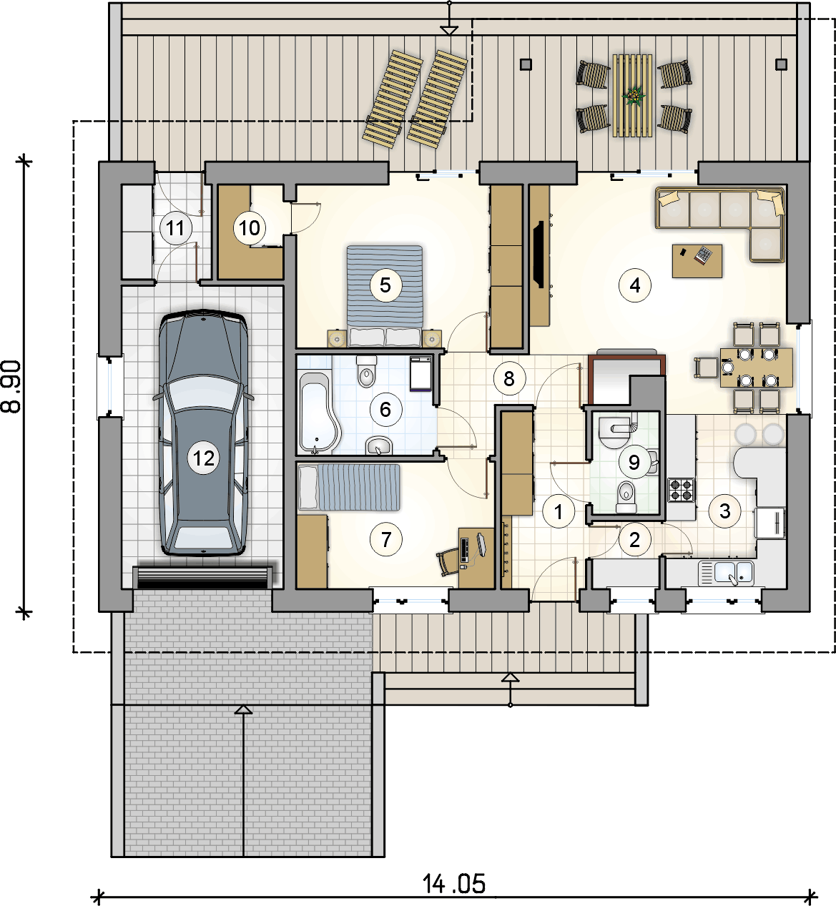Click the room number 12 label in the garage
204,458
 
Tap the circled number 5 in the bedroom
385,285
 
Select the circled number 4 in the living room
635,285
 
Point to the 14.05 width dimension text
453,884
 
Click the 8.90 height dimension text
11,387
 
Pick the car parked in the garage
204,433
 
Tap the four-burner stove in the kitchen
681,491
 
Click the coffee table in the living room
697,261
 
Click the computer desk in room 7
476,558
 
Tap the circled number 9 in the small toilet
634,463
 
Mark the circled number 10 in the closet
249,227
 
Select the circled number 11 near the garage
176,227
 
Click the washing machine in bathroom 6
421,374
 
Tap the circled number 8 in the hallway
509,378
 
